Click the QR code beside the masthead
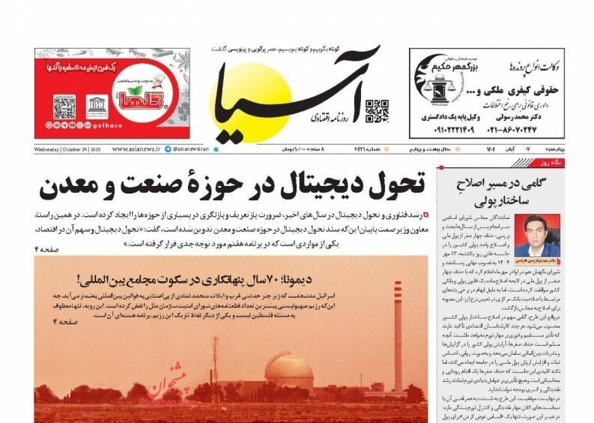pyautogui.click(x=376, y=110)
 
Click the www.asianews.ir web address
pyautogui.click(x=140, y=149)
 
